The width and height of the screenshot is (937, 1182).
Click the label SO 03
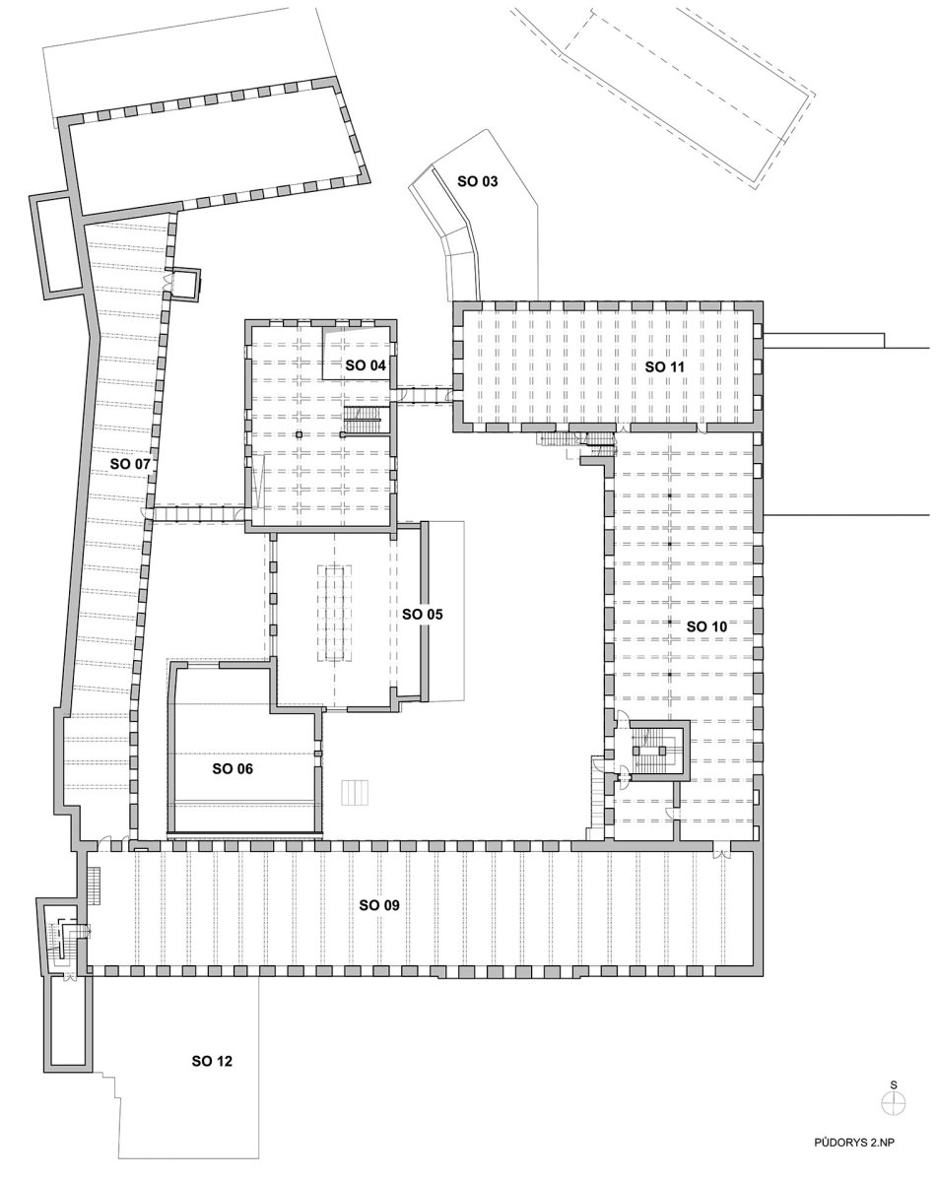tap(477, 181)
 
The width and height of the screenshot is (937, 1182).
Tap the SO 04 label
tap(366, 365)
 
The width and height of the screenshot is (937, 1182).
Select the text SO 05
tap(422, 614)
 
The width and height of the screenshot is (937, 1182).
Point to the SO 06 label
tap(233, 769)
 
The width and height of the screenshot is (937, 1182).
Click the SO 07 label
tap(130, 464)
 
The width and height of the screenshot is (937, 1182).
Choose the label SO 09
tap(379, 905)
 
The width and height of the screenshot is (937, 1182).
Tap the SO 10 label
tap(706, 626)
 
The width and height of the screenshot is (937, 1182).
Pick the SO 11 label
tap(665, 366)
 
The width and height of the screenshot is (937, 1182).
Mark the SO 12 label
tap(212, 1061)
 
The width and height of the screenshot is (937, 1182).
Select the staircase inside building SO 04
tap(363, 421)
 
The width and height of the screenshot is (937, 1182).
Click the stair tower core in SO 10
tap(658, 751)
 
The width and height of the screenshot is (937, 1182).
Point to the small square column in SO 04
tap(299, 434)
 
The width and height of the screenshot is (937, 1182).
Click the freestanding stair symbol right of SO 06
tap(354, 792)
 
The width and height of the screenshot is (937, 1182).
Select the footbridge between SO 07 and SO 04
tap(199, 513)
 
